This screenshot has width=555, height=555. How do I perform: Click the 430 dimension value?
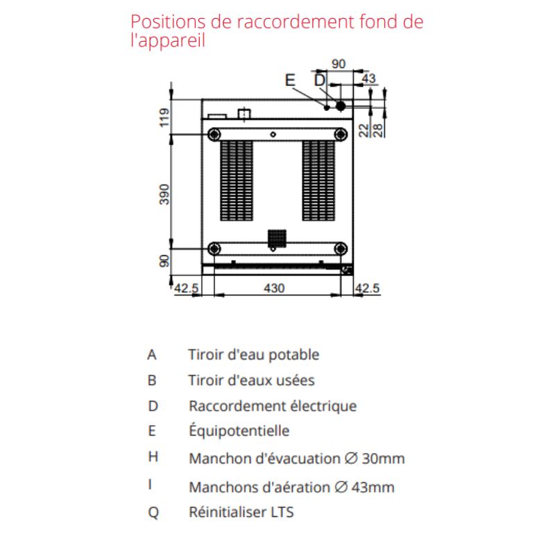(x=274, y=288)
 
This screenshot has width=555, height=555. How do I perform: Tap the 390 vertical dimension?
(x=164, y=194)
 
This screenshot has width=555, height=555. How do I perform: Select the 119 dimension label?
(x=164, y=117)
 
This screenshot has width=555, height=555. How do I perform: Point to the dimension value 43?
(x=368, y=78)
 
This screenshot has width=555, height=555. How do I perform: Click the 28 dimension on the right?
(x=378, y=130)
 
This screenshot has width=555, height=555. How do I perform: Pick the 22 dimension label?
(x=364, y=130)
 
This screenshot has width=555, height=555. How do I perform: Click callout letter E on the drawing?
(x=290, y=80)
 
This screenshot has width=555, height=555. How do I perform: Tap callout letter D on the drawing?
(x=320, y=80)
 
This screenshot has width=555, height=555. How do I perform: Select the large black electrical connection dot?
(x=341, y=106)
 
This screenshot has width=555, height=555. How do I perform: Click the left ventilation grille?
(x=237, y=180)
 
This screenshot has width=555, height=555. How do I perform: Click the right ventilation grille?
(x=318, y=180)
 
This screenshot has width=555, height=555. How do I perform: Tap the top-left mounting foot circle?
(x=214, y=135)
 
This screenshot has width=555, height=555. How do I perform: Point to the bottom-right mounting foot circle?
(x=341, y=249)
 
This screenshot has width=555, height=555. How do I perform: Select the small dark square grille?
(x=277, y=239)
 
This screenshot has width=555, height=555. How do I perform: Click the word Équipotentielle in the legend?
(x=239, y=430)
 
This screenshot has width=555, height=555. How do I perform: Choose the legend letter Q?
(x=153, y=512)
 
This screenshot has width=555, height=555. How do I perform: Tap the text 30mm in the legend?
(x=384, y=459)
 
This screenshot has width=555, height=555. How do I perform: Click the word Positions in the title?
(x=168, y=22)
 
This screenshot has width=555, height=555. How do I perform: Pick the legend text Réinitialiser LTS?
(x=241, y=512)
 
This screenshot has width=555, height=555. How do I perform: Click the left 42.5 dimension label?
(x=187, y=288)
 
